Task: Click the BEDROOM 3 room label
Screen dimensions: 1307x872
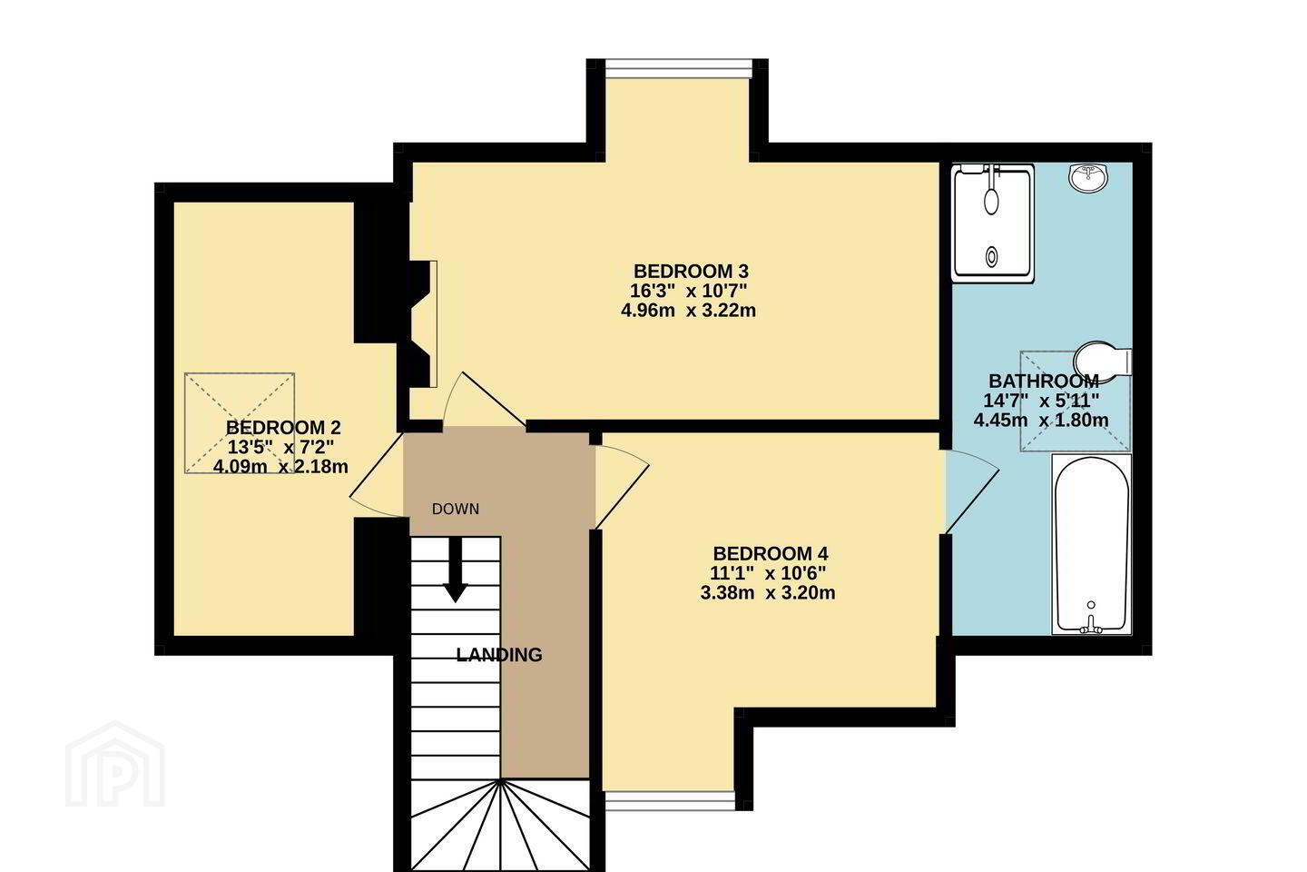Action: coord(691,272)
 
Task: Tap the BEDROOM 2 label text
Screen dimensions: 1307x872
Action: coord(283,428)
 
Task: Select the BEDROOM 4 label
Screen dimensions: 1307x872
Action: coord(771,553)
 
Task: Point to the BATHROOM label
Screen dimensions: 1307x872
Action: coord(1044,381)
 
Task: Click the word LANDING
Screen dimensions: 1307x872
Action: coord(499,655)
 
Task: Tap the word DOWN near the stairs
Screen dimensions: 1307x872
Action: coord(455,510)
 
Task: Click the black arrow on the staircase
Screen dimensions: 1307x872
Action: coord(455,569)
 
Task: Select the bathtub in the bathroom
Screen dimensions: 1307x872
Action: coord(1092,544)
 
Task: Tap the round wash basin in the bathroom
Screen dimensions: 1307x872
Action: coord(1088,176)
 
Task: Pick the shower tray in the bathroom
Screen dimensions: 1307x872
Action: coord(993,223)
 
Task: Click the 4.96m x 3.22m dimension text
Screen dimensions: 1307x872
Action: coord(689,310)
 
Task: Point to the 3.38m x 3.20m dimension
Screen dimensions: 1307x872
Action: coord(768,593)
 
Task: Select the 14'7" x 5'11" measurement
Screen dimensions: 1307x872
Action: coord(1042,401)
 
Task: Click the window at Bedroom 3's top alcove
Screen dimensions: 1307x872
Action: coord(677,68)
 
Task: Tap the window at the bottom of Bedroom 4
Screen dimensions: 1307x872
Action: coord(669,801)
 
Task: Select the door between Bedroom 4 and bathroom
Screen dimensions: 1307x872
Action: coord(971,491)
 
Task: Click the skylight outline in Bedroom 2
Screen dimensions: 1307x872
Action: coord(240,423)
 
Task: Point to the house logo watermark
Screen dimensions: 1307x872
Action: coord(115,765)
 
